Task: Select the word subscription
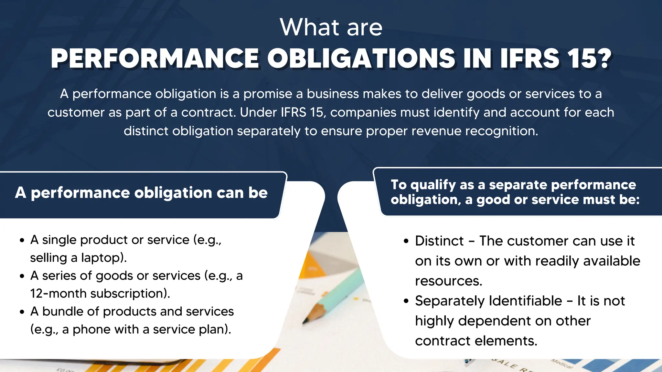(x=129, y=294)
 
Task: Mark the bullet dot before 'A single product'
(x=22, y=241)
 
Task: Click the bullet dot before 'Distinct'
(x=406, y=242)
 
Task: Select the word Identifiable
(x=525, y=301)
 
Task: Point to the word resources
(x=448, y=281)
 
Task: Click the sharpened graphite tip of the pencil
(x=304, y=322)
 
